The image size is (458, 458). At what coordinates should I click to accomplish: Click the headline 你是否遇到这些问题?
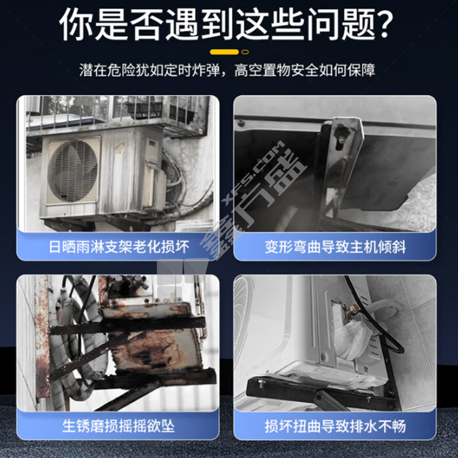(226, 24)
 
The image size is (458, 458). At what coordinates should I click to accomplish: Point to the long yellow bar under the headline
(224, 52)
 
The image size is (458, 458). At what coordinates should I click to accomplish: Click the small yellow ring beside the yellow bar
(245, 52)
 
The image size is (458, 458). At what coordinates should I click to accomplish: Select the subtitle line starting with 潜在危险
(227, 70)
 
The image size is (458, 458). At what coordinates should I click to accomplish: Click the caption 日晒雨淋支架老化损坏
(119, 247)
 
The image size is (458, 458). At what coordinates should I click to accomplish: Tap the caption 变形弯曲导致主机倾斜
(335, 247)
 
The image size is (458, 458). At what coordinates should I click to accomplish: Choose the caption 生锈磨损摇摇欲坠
(119, 426)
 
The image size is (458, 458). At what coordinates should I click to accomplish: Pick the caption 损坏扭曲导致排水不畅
(335, 427)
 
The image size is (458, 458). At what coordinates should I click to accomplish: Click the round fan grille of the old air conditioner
(73, 171)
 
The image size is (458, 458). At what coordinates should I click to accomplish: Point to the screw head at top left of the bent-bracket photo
(241, 122)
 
